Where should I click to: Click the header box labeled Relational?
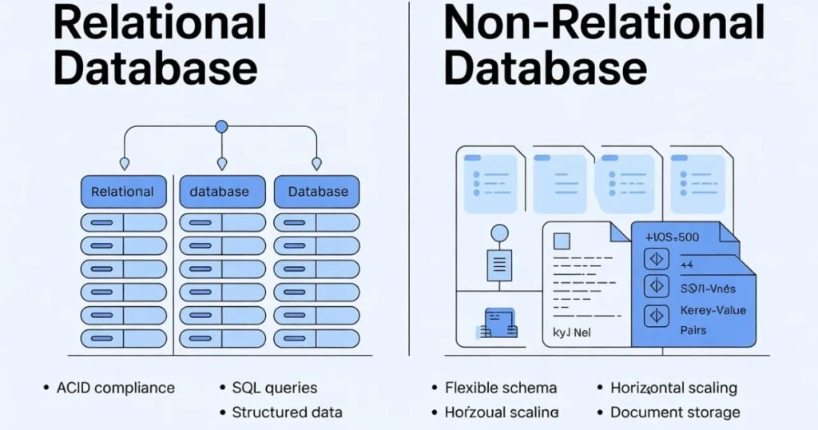click(x=123, y=192)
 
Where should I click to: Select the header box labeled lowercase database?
click(x=219, y=192)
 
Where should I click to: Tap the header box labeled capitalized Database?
click(x=317, y=192)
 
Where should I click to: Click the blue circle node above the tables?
click(x=221, y=126)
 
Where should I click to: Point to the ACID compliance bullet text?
click(x=115, y=388)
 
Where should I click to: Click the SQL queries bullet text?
click(x=274, y=388)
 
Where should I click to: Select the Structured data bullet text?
click(x=287, y=412)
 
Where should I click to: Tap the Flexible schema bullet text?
click(x=500, y=388)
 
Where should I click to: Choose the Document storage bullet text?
click(x=675, y=412)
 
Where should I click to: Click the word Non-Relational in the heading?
click(x=604, y=23)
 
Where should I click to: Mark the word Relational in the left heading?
click(x=160, y=23)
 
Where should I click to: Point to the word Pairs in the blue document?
click(x=693, y=329)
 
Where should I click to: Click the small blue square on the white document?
click(x=563, y=241)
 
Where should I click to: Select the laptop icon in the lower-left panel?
click(x=499, y=322)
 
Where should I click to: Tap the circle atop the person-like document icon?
click(x=499, y=233)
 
